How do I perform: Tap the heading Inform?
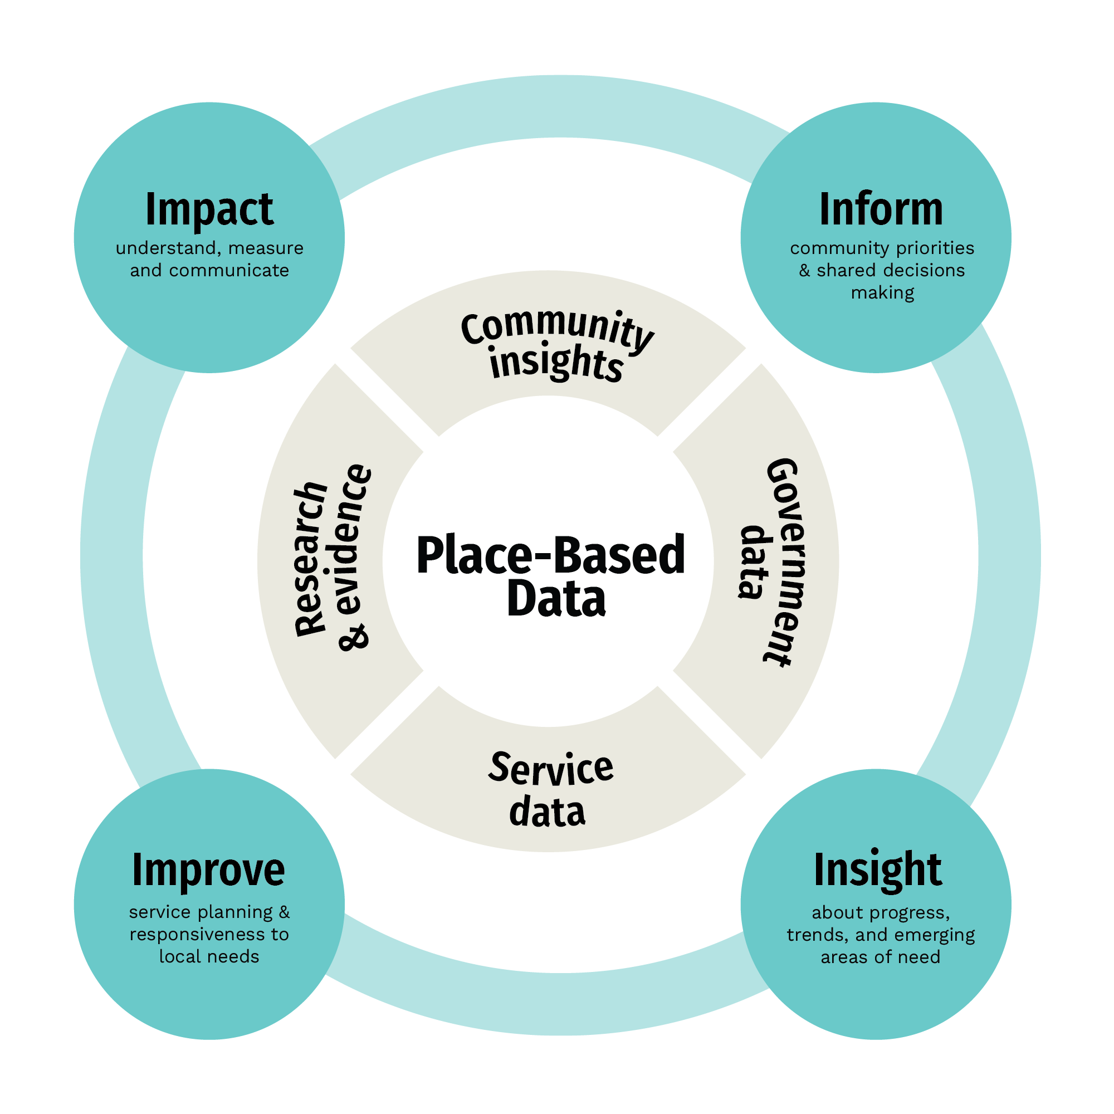tap(881, 210)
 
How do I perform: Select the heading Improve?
tap(208, 871)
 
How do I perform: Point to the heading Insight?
tap(878, 870)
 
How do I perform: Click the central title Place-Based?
tap(551, 555)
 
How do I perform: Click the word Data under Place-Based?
tap(556, 599)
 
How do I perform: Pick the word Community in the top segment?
tap(557, 330)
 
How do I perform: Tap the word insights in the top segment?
tap(556, 362)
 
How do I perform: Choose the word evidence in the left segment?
tap(353, 540)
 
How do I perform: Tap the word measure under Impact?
tap(266, 248)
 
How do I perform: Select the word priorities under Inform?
tap(935, 248)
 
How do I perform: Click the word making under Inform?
tap(882, 294)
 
